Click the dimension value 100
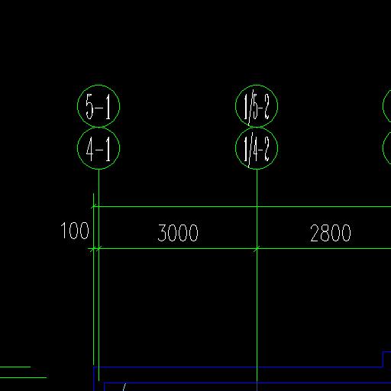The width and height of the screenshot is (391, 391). (75, 231)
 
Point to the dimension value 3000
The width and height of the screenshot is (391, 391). (178, 233)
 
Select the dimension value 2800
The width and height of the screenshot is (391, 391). (331, 233)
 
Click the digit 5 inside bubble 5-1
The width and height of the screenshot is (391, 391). (89, 107)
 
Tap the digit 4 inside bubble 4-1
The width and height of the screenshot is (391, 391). (90, 149)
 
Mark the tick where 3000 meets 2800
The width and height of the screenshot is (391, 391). (257, 248)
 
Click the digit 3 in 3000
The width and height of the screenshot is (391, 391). (162, 233)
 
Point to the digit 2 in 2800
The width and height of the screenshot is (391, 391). (315, 233)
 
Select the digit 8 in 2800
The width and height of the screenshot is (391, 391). (325, 233)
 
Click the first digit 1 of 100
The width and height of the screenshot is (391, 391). (63, 231)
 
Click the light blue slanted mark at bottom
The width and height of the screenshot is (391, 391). (124, 387)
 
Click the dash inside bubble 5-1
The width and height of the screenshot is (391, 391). (99, 108)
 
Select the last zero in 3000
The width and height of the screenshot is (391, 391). (194, 233)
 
